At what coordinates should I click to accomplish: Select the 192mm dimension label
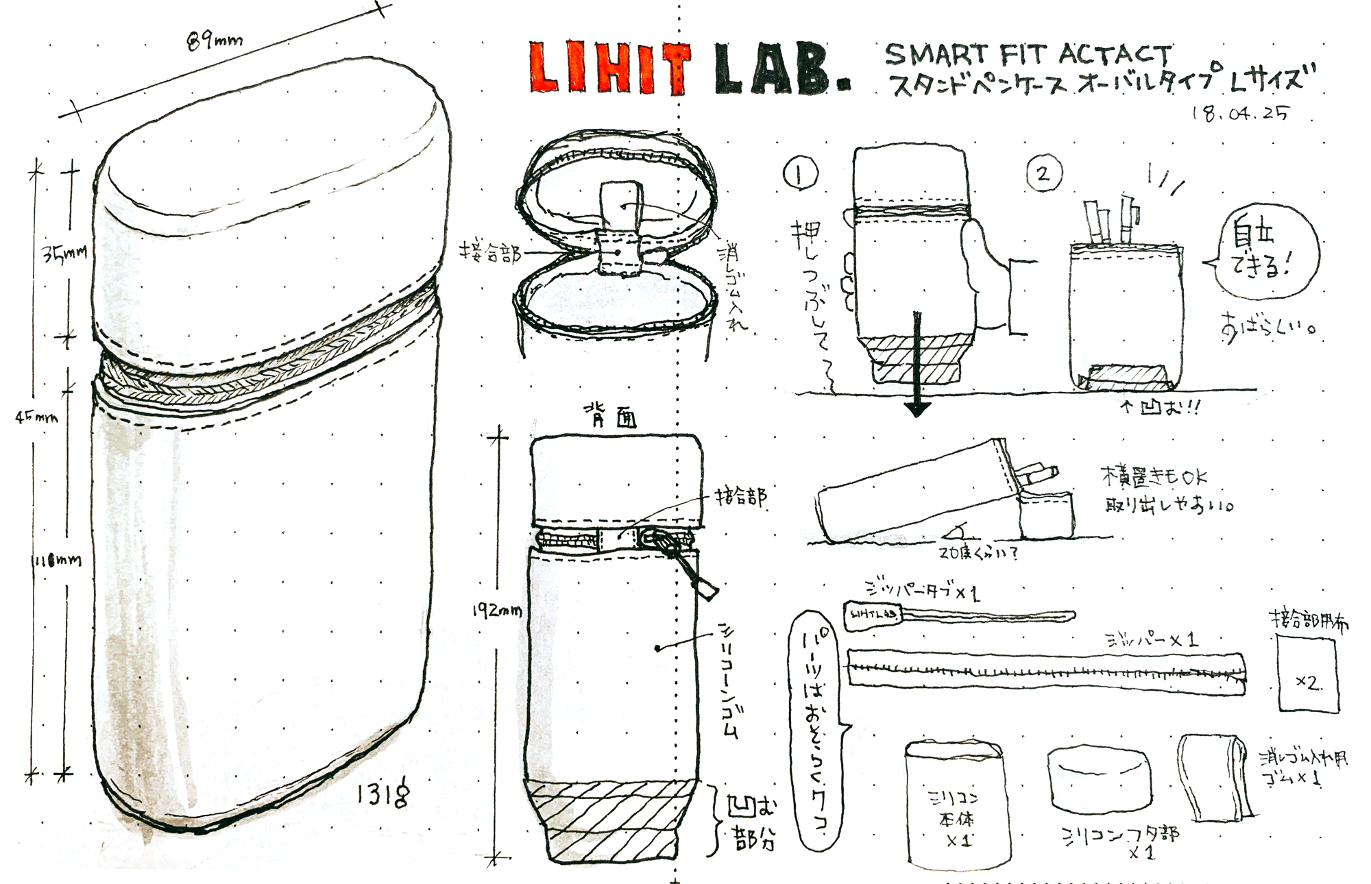pos(497,610)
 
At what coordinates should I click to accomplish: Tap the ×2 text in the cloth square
pos(1308,683)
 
